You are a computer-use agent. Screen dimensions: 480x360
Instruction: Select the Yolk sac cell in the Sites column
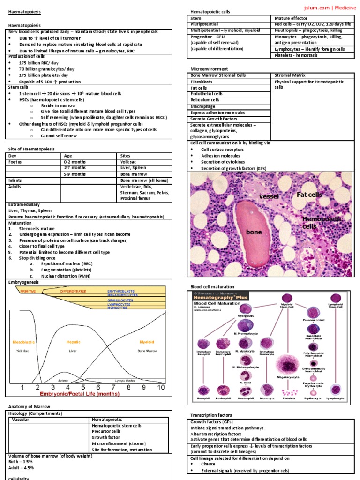128,161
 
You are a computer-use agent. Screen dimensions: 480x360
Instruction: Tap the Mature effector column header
292,18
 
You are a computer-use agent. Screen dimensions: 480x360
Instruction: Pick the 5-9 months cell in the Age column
75,174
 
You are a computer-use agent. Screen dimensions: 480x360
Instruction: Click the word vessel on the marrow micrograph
269,196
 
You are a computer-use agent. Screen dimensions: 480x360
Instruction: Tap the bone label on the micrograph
254,232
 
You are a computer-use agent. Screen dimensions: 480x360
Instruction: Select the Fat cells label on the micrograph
309,194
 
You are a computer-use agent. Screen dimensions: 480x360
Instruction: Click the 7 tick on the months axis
113,387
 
